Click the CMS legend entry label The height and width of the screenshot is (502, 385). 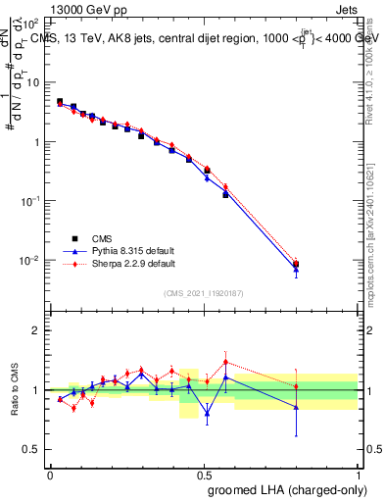coord(103,237)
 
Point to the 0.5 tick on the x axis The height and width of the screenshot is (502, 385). coord(204,474)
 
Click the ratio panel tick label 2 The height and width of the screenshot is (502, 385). coord(37,330)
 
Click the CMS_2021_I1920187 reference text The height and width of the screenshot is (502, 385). coord(204,293)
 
